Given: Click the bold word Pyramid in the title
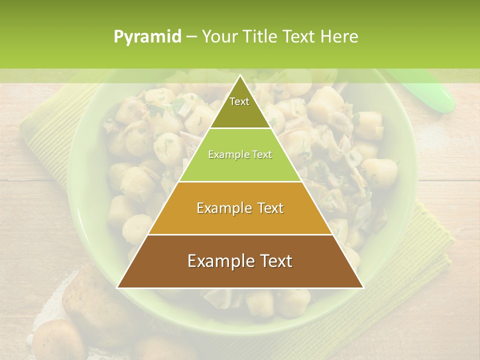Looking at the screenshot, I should coord(147,37).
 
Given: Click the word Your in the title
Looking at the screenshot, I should coord(218,37).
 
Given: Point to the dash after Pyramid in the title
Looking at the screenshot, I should coord(191,37).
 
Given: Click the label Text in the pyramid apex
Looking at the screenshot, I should coord(239,101).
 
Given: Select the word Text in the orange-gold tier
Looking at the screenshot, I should coord(267,208).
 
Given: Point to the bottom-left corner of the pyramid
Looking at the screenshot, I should coord(118,287).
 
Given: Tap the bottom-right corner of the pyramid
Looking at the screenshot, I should coord(362,287).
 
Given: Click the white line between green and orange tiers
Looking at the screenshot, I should coord(240,181).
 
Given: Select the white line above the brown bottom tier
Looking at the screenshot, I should coord(240,234).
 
